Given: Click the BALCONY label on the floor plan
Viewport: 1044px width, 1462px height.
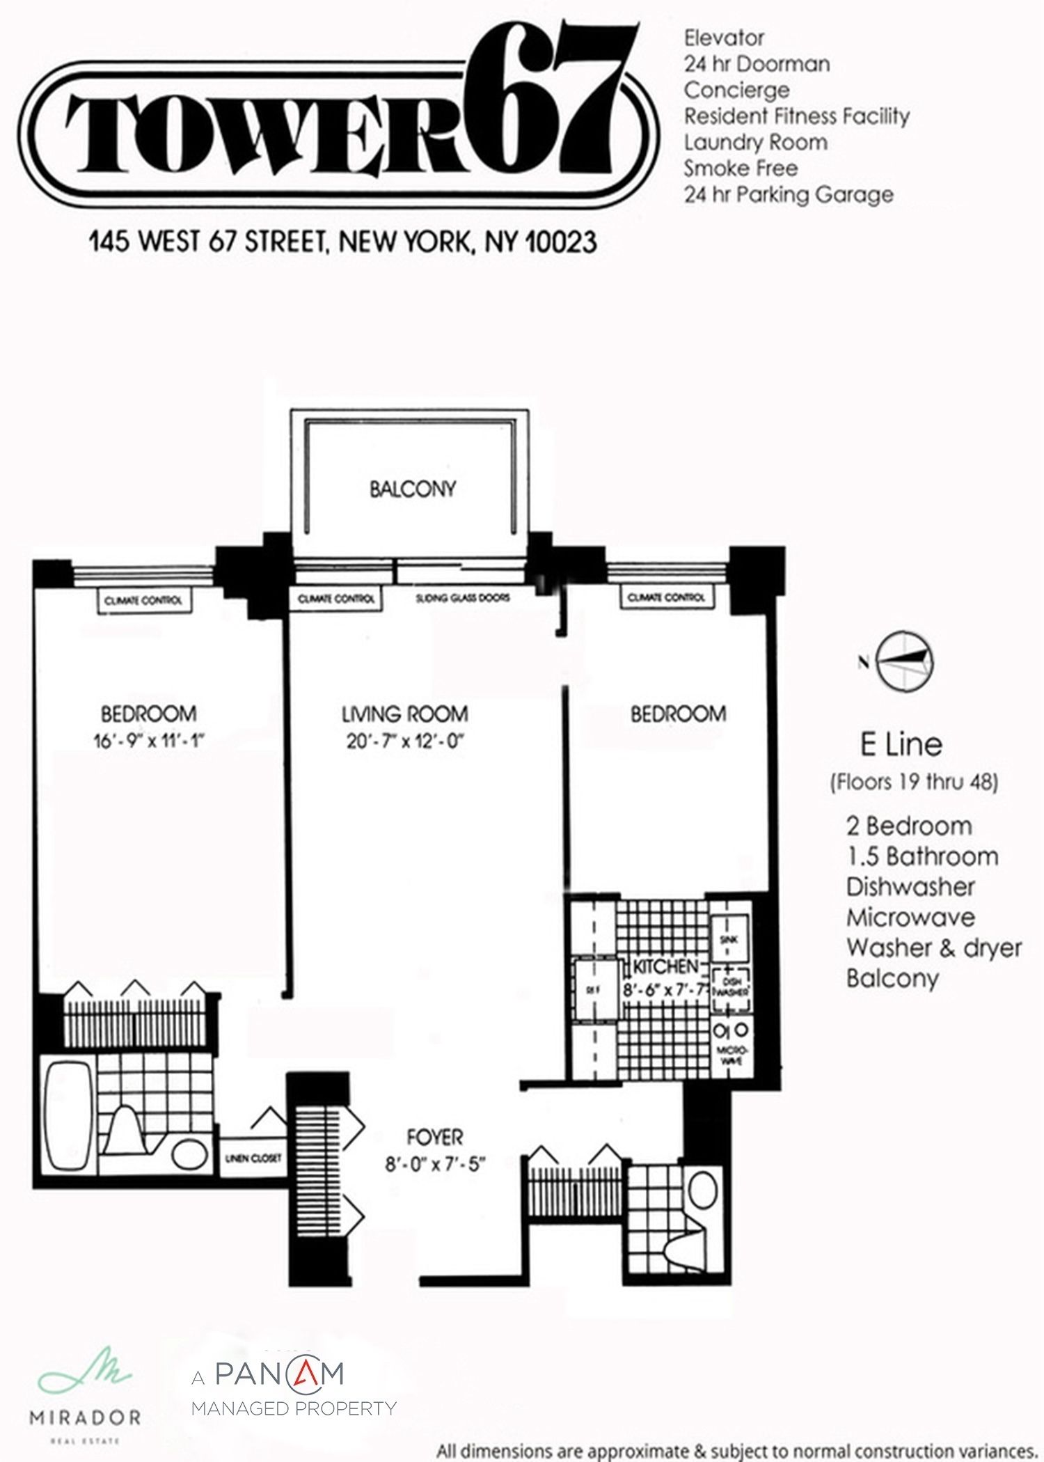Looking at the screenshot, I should pyautogui.click(x=412, y=489).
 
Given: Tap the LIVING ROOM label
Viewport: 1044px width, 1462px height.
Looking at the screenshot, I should pyautogui.click(x=404, y=714).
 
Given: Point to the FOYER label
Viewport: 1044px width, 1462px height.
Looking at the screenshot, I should pyautogui.click(x=434, y=1137).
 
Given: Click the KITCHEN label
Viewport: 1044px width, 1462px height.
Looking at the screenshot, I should pyautogui.click(x=665, y=966).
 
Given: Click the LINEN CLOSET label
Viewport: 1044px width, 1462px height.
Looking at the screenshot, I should pyautogui.click(x=252, y=1158).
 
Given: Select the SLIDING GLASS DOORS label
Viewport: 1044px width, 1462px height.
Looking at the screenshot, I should pyautogui.click(x=462, y=598).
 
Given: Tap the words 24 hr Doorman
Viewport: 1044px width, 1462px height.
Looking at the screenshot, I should pyautogui.click(x=757, y=64).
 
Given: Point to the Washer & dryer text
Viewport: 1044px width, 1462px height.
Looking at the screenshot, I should pyautogui.click(x=933, y=948).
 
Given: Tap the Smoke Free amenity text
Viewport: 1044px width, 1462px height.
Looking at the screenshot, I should pyautogui.click(x=741, y=168).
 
